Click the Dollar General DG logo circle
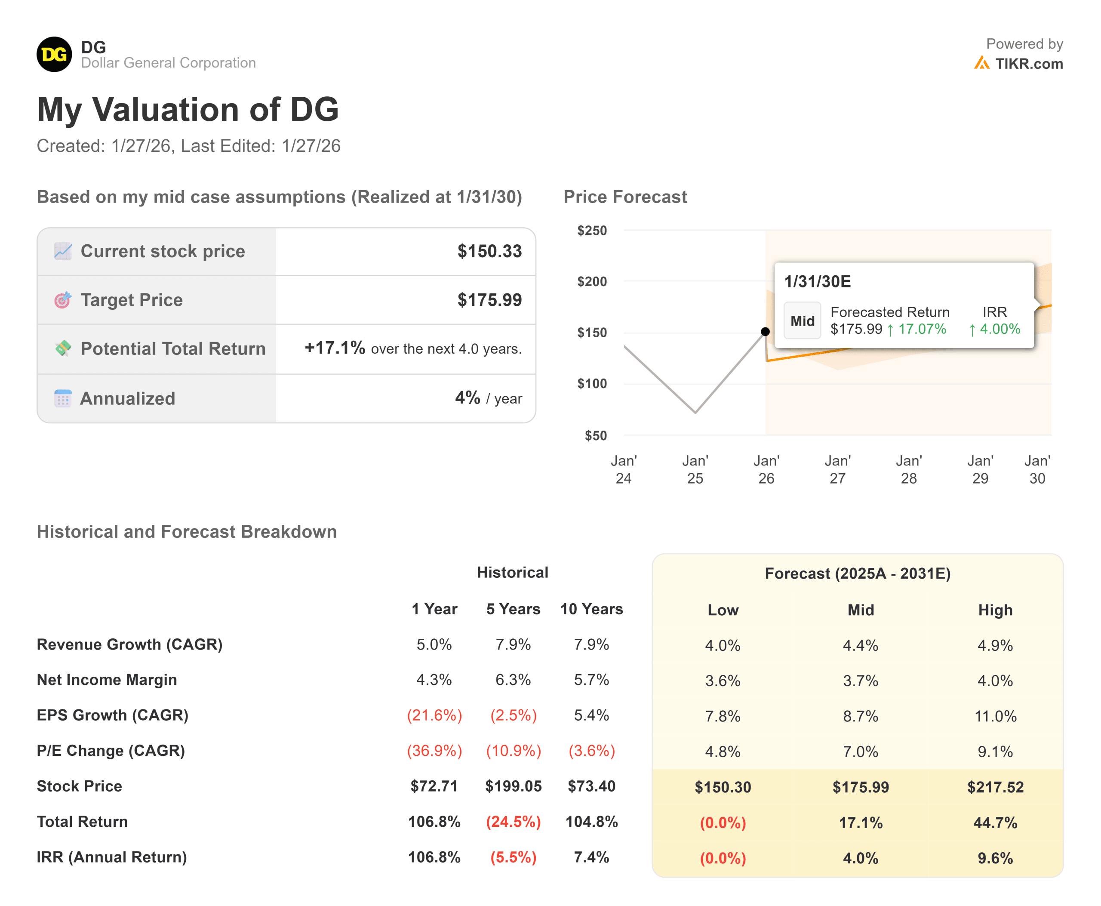tap(54, 54)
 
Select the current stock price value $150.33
tap(489, 251)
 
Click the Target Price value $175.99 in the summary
tap(489, 300)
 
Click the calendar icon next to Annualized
tap(63, 398)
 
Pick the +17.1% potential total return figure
tap(335, 348)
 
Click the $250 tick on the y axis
tap(592, 231)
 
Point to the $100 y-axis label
tap(592, 384)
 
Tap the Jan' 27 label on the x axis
tap(837, 469)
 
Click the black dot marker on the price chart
tap(765, 331)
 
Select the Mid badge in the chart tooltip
tap(802, 321)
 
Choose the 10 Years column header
tap(591, 609)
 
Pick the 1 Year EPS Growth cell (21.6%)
tap(434, 715)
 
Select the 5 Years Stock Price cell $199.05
tap(513, 786)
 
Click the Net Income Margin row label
tap(107, 680)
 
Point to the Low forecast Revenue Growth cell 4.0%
tap(722, 646)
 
